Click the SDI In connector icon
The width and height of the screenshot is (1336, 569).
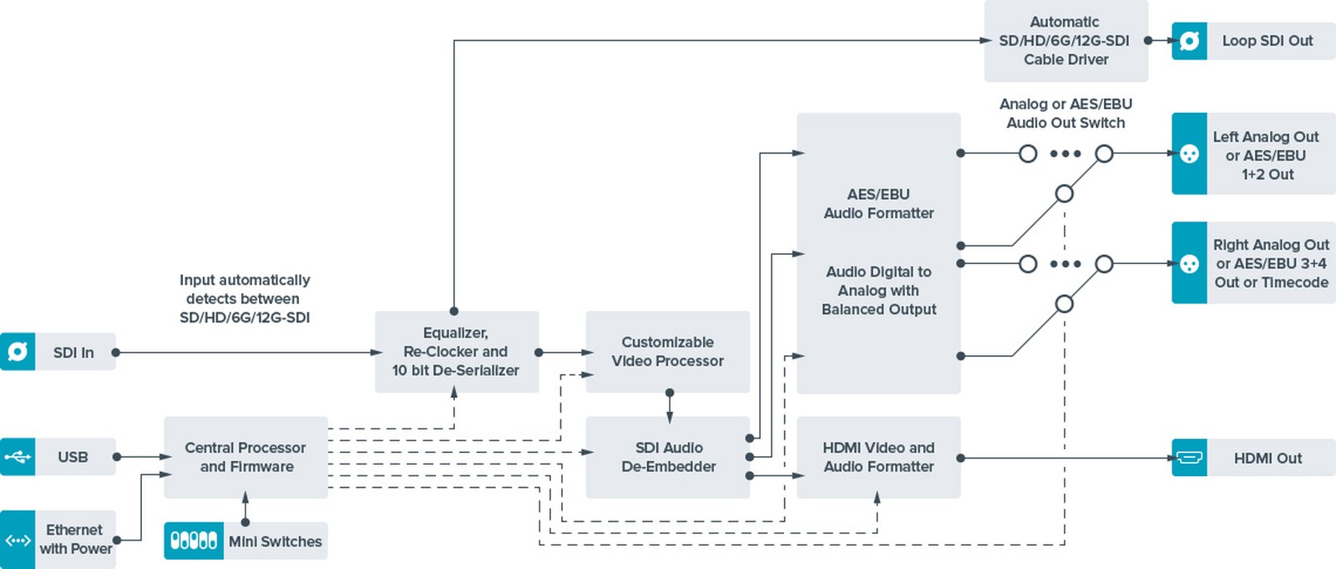pyautogui.click(x=18, y=352)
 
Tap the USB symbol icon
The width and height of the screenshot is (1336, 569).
pyautogui.click(x=18, y=457)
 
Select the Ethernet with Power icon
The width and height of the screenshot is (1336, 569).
pyautogui.click(x=18, y=540)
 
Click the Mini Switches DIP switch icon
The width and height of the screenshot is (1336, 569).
pyautogui.click(x=194, y=541)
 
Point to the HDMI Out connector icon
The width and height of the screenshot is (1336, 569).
pyautogui.click(x=1189, y=458)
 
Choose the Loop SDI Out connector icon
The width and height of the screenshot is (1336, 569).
pyautogui.click(x=1189, y=40)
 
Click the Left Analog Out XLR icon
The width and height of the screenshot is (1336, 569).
pyautogui.click(x=1189, y=154)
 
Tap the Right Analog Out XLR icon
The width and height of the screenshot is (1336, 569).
pyautogui.click(x=1189, y=263)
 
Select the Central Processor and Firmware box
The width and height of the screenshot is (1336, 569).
pyautogui.click(x=245, y=457)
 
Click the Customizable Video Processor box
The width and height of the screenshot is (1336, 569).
pyautogui.click(x=667, y=352)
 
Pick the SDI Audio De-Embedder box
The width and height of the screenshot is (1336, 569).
pyautogui.click(x=668, y=457)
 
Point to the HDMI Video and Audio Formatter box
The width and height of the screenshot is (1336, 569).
pyautogui.click(x=878, y=457)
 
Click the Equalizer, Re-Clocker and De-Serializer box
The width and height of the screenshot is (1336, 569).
pyautogui.click(x=456, y=352)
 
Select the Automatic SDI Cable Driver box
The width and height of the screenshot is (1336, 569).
pyautogui.click(x=1065, y=40)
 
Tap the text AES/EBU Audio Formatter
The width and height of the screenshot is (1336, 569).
pyautogui.click(x=878, y=204)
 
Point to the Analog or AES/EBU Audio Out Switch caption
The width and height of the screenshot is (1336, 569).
pyautogui.click(x=1065, y=113)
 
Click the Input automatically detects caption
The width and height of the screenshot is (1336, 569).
pyautogui.click(x=244, y=298)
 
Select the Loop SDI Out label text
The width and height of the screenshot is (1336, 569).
pyautogui.click(x=1267, y=40)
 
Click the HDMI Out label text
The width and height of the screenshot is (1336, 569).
pyautogui.click(x=1268, y=458)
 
